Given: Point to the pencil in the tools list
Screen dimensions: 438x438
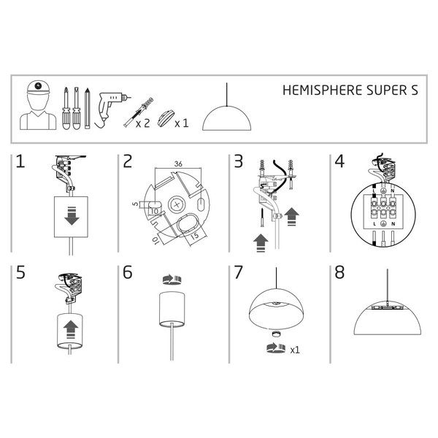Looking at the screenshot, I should pos(88,107).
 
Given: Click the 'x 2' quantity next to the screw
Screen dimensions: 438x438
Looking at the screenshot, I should pos(142,123).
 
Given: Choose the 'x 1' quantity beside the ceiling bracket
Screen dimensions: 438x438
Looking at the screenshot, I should pos(182,123).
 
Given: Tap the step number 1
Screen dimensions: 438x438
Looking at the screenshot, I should pos(20,162).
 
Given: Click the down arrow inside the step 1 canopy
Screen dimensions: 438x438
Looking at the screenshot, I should pos(72,218).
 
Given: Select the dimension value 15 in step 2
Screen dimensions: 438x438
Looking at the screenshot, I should pos(196,236).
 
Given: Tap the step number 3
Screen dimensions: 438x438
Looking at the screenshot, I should pos(237,162).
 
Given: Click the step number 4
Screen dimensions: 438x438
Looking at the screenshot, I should pos(339,162).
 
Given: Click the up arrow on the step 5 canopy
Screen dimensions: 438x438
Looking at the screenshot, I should pos(72,328).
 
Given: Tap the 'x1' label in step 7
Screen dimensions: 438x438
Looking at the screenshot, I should pos(295,350).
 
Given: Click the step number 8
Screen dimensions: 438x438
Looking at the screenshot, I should pos(339,273).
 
